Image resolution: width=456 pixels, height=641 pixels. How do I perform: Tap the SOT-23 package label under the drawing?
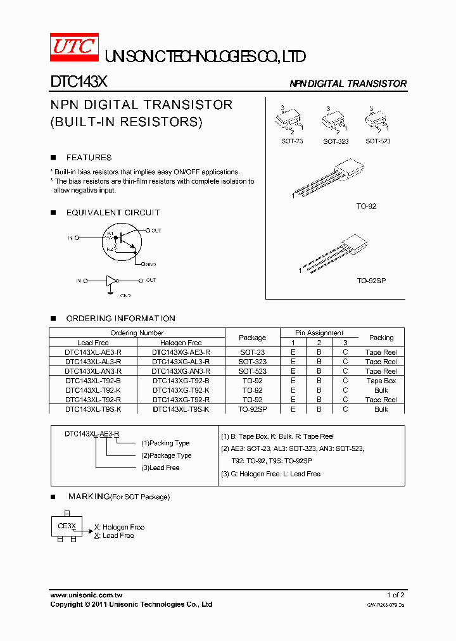(292, 141)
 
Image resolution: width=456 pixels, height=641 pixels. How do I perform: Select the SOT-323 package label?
(336, 141)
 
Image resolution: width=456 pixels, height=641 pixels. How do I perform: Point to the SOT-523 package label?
(377, 141)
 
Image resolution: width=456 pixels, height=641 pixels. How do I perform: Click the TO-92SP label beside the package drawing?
(371, 280)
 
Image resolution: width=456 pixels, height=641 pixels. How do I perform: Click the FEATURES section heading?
(89, 158)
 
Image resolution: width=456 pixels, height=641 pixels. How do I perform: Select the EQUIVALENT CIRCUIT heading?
(113, 213)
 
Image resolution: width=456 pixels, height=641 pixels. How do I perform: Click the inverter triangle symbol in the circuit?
(111, 280)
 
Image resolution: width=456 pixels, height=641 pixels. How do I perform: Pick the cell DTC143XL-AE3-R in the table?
(93, 352)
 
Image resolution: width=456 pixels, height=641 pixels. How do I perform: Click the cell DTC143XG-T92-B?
(180, 381)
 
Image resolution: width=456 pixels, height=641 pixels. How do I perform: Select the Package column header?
(252, 338)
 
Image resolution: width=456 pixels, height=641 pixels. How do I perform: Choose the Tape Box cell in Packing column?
(381, 381)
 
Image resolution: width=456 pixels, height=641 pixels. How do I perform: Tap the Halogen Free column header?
(180, 343)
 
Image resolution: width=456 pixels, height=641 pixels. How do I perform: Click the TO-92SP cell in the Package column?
(252, 410)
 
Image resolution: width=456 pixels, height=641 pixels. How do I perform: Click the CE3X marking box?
(66, 526)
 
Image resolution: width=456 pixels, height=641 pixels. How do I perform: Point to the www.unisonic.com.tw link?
(86, 595)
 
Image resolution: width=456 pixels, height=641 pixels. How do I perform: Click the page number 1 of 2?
(395, 595)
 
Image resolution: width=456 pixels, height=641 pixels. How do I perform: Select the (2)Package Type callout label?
(166, 455)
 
